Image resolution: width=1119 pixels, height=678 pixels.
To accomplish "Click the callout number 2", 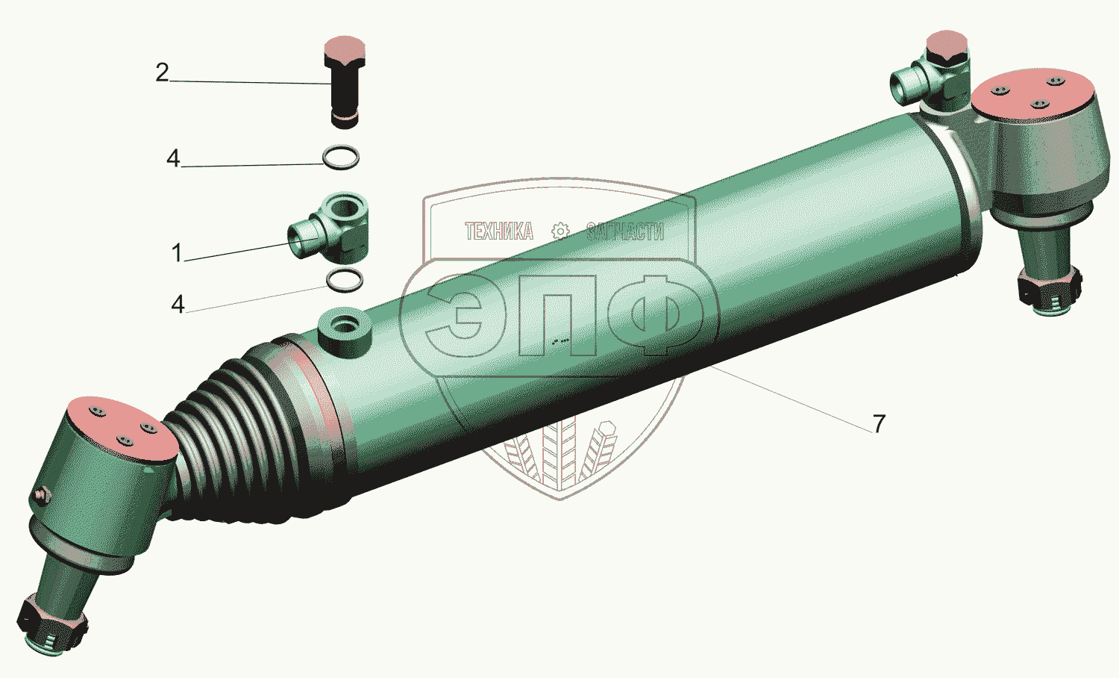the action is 162,72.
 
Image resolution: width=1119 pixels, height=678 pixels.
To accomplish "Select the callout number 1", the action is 176,252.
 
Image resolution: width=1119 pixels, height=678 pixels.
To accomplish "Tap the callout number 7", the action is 879,423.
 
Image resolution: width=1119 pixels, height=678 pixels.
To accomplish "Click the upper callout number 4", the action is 173,158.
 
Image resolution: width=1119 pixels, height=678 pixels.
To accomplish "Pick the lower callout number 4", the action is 178,304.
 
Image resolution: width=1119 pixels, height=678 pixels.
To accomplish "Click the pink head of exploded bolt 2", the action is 345,48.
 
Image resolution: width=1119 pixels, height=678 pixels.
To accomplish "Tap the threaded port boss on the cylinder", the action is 345,331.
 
